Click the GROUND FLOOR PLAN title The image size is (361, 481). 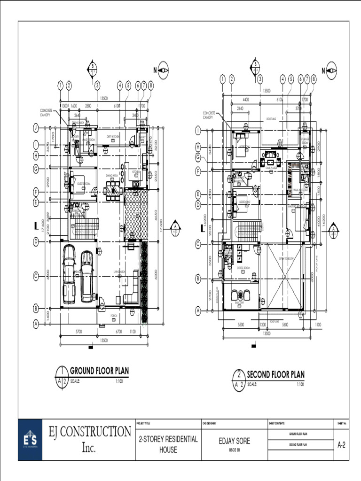[99, 371]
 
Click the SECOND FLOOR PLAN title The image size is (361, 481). [275, 374]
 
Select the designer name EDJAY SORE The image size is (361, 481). [235, 441]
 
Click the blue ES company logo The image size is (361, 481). [30, 440]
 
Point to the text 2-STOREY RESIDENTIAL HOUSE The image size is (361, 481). [168, 445]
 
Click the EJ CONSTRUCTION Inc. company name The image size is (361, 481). [90, 439]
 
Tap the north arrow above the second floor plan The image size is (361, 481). [332, 70]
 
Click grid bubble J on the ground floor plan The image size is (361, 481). [36, 128]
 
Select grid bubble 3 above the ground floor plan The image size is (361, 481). [97, 85]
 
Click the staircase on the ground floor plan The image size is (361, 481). [86, 229]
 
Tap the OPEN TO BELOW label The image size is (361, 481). [287, 259]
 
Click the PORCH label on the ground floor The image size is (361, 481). [114, 316]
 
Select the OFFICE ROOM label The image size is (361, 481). [243, 268]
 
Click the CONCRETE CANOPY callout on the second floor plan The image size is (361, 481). [209, 115]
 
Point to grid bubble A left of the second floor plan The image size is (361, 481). [198, 310]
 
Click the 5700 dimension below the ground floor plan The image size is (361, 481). [79, 332]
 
